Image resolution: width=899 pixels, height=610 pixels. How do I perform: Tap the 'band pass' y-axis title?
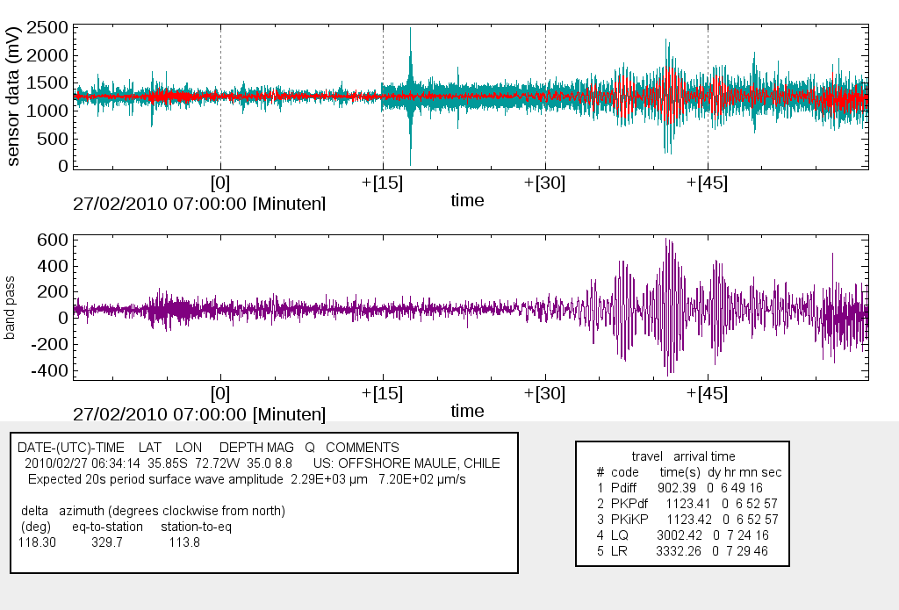pyautogui.click(x=12, y=306)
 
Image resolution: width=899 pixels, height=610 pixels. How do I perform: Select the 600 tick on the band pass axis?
pyautogui.click(x=52, y=239)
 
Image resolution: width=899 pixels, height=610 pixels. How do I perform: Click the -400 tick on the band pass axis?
pyautogui.click(x=48, y=371)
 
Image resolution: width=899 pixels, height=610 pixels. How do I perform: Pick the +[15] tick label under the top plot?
pyautogui.click(x=383, y=183)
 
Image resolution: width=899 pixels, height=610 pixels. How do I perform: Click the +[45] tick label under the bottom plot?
pyautogui.click(x=708, y=393)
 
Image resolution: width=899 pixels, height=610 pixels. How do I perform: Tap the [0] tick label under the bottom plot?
pyautogui.click(x=220, y=393)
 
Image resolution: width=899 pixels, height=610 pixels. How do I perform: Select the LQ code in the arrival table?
pyautogui.click(x=619, y=534)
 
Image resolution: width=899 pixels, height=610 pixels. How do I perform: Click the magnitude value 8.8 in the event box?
pyautogui.click(x=282, y=463)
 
